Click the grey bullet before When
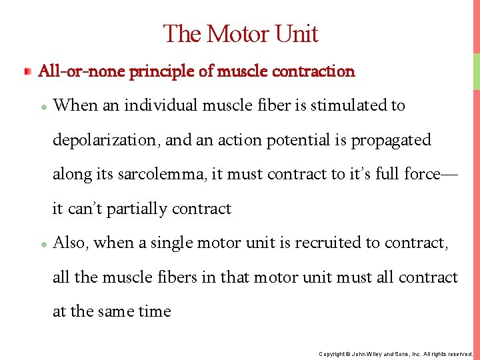(43, 107)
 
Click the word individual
(155, 105)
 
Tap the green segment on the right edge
(477, 71)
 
